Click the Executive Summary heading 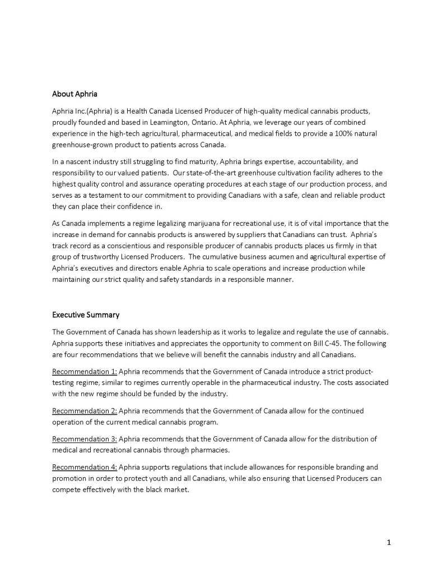[x=86, y=315]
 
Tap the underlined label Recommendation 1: [x=85, y=371]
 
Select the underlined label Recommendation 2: [x=85, y=411]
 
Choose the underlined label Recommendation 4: [x=85, y=467]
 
